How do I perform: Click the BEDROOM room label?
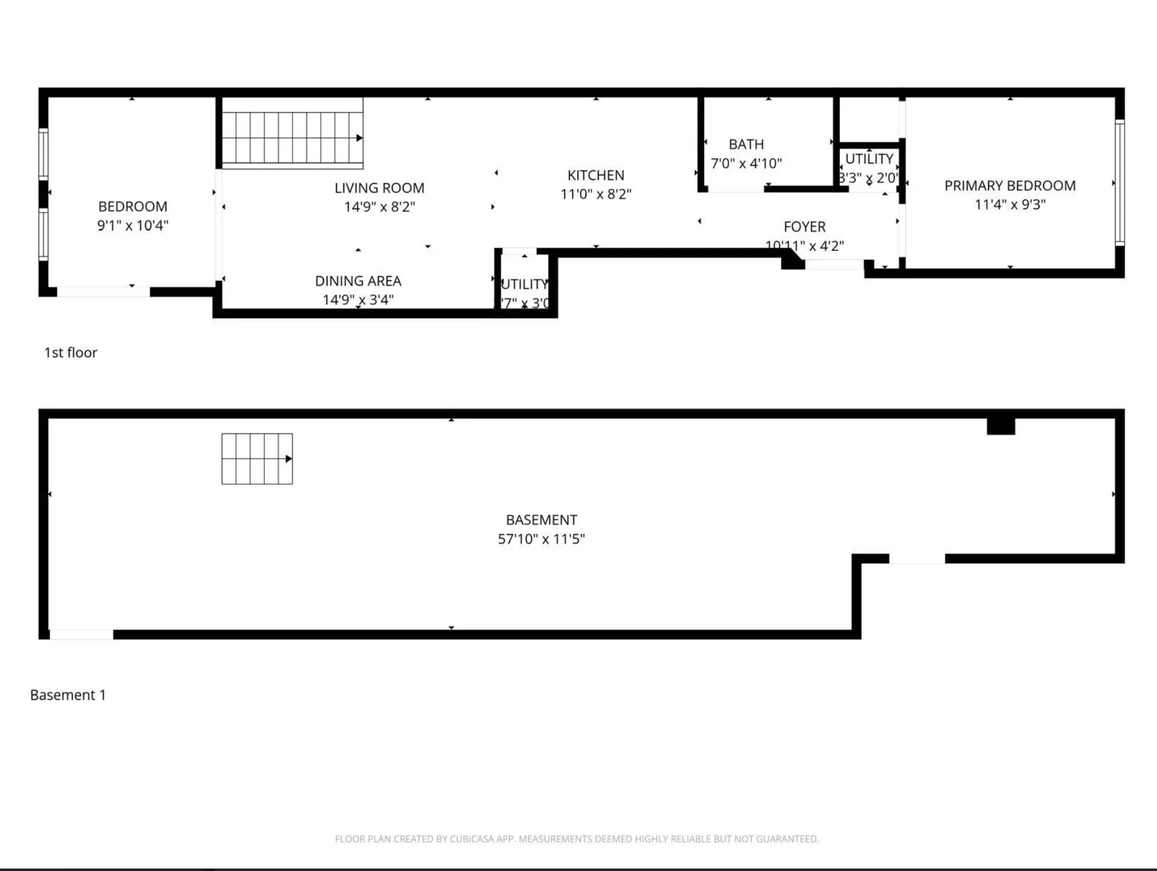coord(133,207)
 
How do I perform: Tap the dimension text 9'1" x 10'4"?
coord(133,225)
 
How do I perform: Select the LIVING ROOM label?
coord(379,188)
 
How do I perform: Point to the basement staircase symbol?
coord(257,459)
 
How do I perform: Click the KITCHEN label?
coord(596,175)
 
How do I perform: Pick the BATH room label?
coord(746,144)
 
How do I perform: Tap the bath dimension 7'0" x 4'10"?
coord(746,164)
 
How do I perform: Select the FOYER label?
coord(804,227)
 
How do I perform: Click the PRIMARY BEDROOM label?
coord(1010,186)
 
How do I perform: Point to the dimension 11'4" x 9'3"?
coord(1010,204)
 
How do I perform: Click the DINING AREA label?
coord(358,281)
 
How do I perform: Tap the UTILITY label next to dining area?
coord(525,284)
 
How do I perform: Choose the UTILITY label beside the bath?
coord(869,159)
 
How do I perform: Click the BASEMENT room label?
coord(541,520)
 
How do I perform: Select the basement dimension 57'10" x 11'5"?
coord(541,539)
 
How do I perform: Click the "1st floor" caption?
coord(71,352)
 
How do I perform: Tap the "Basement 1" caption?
coord(68,695)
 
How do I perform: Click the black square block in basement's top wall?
coord(1000,427)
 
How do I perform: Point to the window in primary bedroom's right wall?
coord(1119,183)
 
